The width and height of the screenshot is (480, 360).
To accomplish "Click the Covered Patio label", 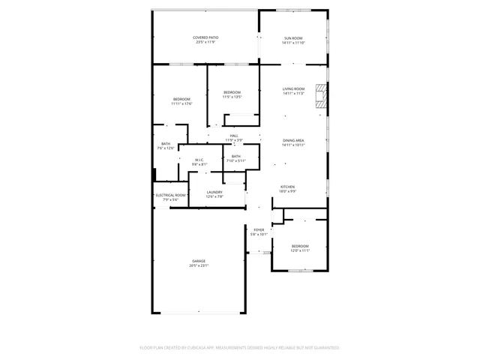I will [205, 37].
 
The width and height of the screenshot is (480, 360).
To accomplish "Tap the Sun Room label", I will [293, 38].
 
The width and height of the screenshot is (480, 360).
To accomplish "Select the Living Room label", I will [293, 89].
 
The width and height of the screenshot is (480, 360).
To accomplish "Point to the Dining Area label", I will [293, 140].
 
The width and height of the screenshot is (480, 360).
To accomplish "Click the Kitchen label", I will [288, 187].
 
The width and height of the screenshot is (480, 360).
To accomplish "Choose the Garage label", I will [199, 261].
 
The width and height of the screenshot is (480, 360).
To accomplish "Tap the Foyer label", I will [259, 229].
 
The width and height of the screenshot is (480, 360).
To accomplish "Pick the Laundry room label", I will [214, 192].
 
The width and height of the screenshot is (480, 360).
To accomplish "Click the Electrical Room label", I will [170, 195].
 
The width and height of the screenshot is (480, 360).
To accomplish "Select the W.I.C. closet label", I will [199, 159].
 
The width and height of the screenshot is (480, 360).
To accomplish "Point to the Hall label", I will [234, 136].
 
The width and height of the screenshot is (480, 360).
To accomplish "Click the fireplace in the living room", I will [322, 96].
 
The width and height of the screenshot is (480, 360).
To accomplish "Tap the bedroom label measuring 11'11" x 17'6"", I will [181, 99].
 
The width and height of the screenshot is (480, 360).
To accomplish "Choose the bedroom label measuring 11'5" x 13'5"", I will [232, 92].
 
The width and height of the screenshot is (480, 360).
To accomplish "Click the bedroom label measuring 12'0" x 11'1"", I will [300, 246].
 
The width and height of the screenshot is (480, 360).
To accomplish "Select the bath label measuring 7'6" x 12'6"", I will [166, 144].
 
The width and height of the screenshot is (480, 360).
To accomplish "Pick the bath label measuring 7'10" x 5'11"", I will [236, 156].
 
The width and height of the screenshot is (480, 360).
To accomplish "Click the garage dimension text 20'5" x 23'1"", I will [199, 265].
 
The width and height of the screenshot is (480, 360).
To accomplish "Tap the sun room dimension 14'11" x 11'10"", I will [293, 43].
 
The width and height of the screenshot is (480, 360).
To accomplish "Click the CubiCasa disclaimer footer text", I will [240, 348].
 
